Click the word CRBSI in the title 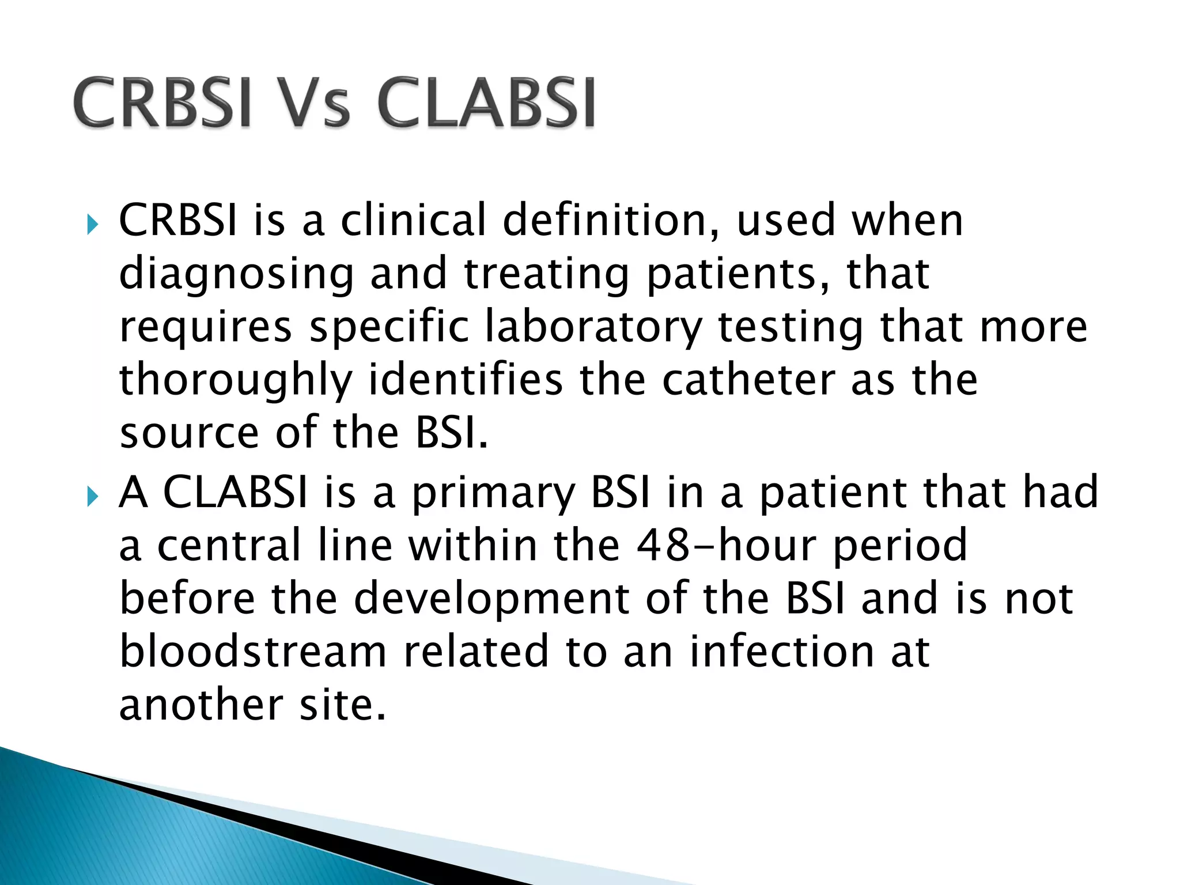click(x=163, y=104)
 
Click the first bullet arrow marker click(x=92, y=224)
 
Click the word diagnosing click(x=236, y=275)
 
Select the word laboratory click(x=593, y=327)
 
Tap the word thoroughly click(x=236, y=380)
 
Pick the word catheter click(x=748, y=380)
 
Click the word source click(x=189, y=433)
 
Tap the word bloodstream click(x=253, y=652)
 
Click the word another click(x=201, y=705)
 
